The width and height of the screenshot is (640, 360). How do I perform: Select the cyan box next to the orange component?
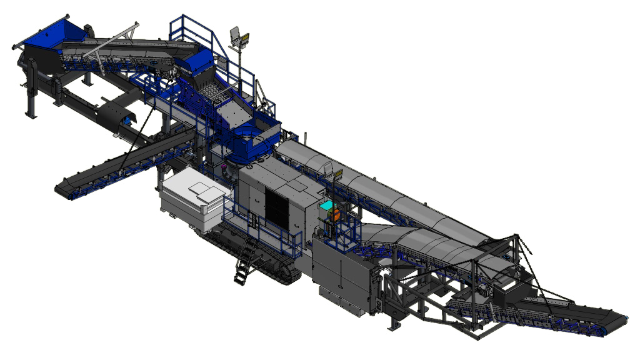click(326, 206)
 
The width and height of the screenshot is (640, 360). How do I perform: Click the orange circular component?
click(336, 214)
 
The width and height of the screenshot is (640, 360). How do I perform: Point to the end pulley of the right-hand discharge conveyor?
click(621, 321)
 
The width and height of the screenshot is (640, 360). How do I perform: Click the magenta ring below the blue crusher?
click(223, 167)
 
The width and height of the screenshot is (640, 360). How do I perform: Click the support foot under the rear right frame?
click(393, 325)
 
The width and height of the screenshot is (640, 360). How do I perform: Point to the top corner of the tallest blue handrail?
click(172, 17)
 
